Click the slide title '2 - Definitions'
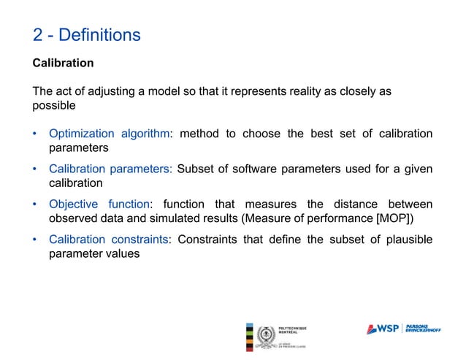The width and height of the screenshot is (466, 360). pyautogui.click(x=86, y=34)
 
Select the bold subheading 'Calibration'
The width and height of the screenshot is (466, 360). pyautogui.click(x=63, y=63)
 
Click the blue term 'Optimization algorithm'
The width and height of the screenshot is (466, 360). pyautogui.click(x=109, y=134)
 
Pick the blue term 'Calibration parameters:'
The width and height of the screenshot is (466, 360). pyautogui.click(x=110, y=169)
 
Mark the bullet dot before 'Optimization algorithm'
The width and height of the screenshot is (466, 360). pyautogui.click(x=36, y=134)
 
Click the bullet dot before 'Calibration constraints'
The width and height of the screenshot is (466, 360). pyautogui.click(x=36, y=240)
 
